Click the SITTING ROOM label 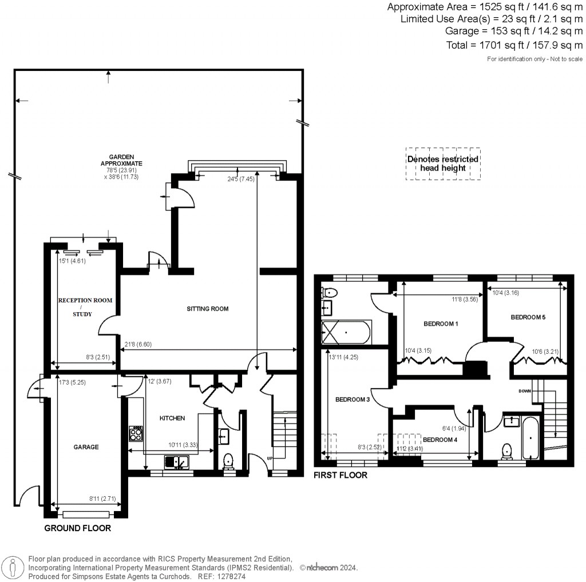pyautogui.click(x=207, y=309)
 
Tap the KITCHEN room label pyautogui.click(x=172, y=418)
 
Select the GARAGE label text pyautogui.click(x=86, y=447)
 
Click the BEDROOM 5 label pyautogui.click(x=528, y=317)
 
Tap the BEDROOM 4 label pyautogui.click(x=440, y=440)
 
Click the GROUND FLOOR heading pyautogui.click(x=77, y=528)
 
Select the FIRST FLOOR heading pyautogui.click(x=340, y=475)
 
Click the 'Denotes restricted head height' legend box pyautogui.click(x=443, y=164)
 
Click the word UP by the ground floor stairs pyautogui.click(x=270, y=457)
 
